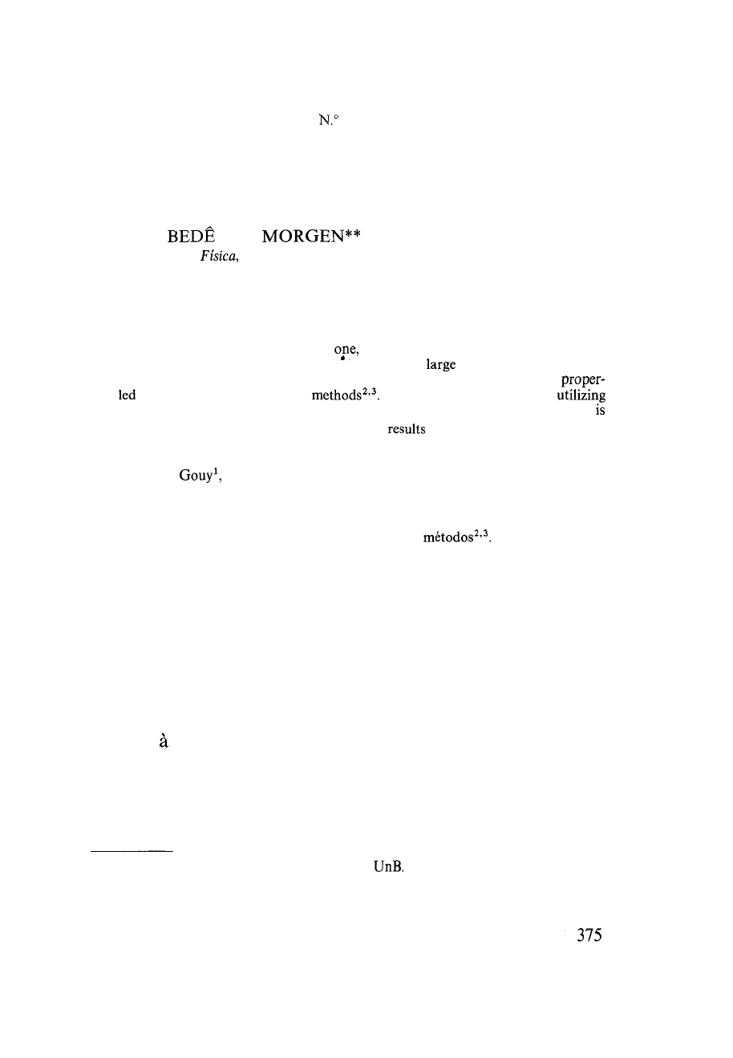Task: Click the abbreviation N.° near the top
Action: pos(329,121)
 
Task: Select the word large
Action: pos(439,364)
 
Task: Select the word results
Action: pos(407,429)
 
